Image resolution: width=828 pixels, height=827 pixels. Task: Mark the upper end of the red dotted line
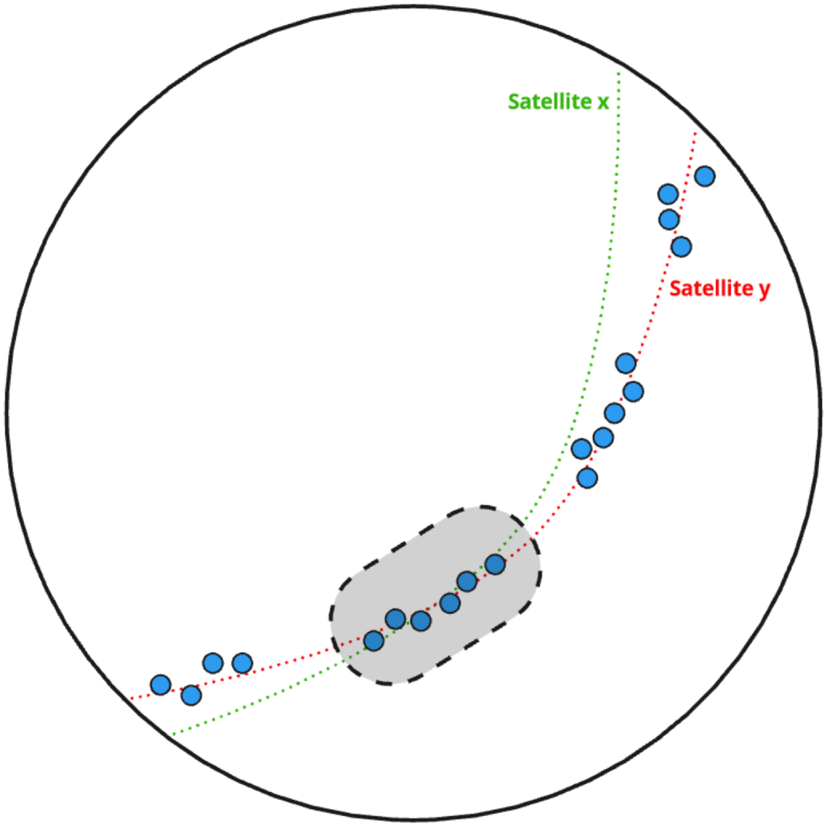[x=695, y=134]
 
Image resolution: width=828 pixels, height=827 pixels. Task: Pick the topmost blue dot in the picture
[x=705, y=176]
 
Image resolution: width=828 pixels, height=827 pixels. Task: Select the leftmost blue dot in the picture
[x=161, y=685]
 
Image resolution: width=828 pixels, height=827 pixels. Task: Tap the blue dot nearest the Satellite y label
[x=681, y=247]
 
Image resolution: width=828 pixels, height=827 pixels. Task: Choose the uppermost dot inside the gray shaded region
[x=495, y=565]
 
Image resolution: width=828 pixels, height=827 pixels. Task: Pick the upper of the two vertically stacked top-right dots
[x=668, y=194]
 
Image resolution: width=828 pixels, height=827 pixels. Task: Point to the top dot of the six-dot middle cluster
[x=626, y=363]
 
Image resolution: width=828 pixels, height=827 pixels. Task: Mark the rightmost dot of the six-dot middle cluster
[x=634, y=391]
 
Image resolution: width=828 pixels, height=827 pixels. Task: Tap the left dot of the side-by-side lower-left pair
[x=213, y=663]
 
